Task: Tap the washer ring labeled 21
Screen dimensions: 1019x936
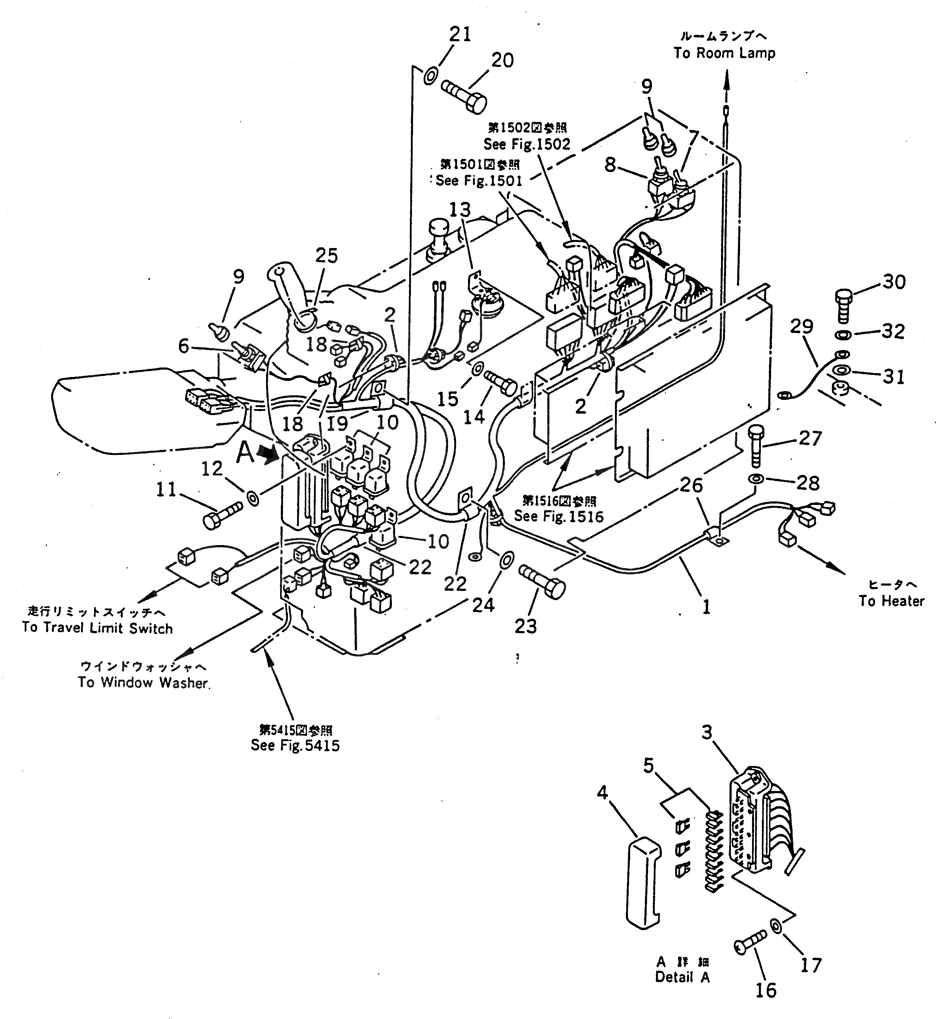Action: point(430,76)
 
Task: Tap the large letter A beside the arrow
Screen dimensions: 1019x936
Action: point(246,452)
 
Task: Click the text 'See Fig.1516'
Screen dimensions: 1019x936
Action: point(559,516)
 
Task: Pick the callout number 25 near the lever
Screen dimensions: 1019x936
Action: point(326,256)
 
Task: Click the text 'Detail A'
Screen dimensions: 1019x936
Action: point(682,977)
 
